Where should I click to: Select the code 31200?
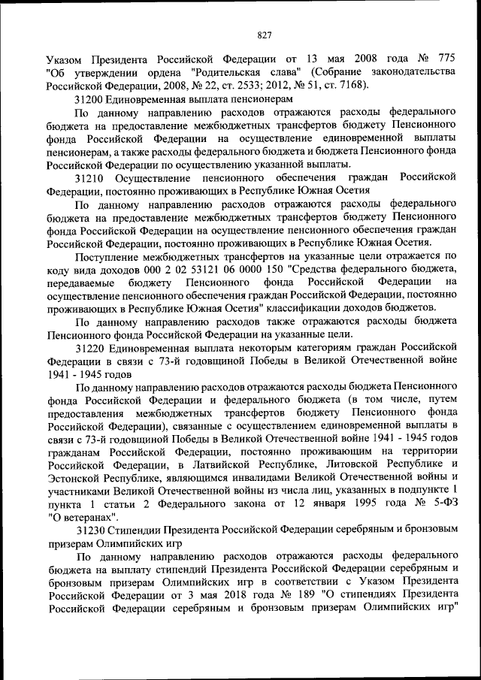coord(91,98)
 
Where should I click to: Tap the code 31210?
coord(91,177)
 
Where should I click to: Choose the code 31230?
coord(91,532)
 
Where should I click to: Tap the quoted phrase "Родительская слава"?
coord(249,71)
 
